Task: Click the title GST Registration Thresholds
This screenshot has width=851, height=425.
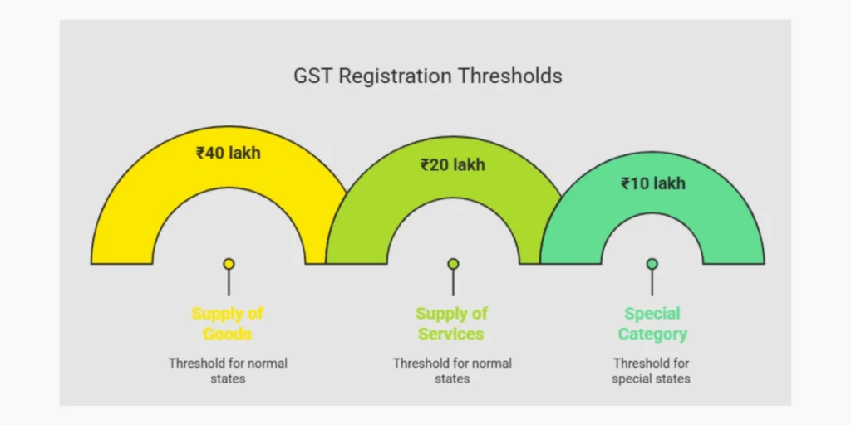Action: coord(427,76)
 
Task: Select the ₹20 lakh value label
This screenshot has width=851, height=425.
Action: coord(452,164)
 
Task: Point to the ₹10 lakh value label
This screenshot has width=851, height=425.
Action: coord(653,183)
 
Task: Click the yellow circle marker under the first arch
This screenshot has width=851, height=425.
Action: coord(229,264)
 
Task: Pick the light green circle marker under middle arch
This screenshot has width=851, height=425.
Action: coord(453,264)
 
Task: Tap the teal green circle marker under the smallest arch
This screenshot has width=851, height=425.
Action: coord(652,264)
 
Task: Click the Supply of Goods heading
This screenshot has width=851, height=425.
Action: coord(228,324)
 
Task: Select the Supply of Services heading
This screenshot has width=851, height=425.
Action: coord(452,324)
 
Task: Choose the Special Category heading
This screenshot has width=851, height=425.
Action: coord(652,324)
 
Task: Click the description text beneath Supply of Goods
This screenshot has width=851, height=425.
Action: coord(228,370)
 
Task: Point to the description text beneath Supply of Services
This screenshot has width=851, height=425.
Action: coord(452,370)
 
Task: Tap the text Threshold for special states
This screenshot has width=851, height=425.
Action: coord(652,370)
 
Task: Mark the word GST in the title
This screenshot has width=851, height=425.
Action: coord(312,76)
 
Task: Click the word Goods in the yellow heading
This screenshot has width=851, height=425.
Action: coord(228,334)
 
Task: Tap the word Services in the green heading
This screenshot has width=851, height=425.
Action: coord(451,334)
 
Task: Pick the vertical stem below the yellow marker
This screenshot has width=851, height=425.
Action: coord(229,282)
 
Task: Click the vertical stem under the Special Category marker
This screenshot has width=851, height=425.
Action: coord(652,282)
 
